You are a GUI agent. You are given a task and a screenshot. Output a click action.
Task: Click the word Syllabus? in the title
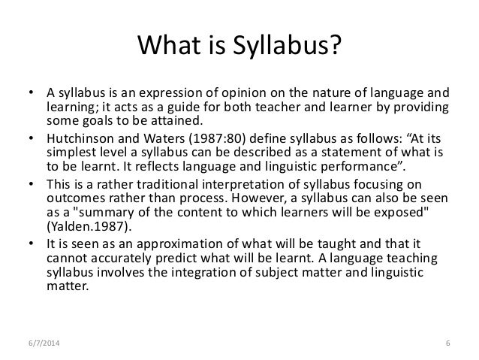tap(286, 49)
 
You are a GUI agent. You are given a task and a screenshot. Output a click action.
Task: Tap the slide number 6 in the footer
tap(447, 344)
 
